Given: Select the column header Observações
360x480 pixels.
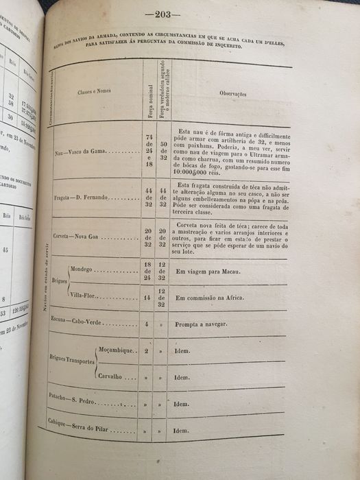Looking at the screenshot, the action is [x=233, y=93].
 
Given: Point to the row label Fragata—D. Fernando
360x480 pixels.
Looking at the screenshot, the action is [x=91, y=197].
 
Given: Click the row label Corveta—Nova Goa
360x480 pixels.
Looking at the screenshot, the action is [x=82, y=237].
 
